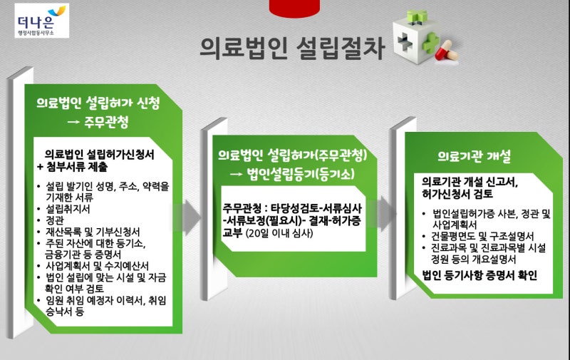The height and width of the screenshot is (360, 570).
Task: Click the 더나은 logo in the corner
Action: click(x=42, y=21)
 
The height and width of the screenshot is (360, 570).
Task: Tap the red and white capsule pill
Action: click(x=447, y=51)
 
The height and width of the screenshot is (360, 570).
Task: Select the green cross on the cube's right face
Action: click(x=431, y=44)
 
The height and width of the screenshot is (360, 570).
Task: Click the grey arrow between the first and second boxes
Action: click(x=187, y=217)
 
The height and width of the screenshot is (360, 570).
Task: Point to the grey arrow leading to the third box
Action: click(x=383, y=213)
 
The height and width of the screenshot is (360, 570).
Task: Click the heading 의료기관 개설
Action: click(x=474, y=156)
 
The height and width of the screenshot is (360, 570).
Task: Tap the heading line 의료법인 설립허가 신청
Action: click(x=98, y=103)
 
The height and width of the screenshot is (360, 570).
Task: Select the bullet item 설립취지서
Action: click(x=68, y=209)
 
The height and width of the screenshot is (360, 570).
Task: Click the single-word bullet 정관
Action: click(x=55, y=220)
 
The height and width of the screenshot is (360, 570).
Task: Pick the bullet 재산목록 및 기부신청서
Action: click(x=93, y=232)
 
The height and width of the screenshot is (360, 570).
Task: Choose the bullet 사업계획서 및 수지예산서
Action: click(x=97, y=266)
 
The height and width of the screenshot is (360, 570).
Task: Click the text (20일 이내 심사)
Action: click(x=279, y=233)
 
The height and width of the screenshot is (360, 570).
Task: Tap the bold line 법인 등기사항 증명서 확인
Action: click(x=480, y=275)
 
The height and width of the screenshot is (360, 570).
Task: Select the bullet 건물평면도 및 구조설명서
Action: click(x=482, y=237)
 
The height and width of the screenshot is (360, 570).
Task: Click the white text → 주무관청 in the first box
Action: click(x=98, y=122)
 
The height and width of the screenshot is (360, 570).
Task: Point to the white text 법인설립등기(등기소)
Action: click(x=301, y=174)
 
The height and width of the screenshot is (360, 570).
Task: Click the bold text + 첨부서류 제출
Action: click(x=73, y=167)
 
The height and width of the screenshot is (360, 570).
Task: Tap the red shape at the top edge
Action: click(x=294, y=9)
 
